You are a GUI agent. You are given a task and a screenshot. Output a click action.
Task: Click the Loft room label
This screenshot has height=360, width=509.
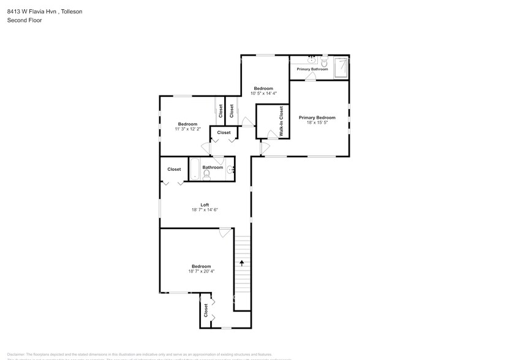click(205, 204)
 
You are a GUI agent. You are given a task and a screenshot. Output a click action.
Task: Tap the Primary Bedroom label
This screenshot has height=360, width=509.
click(317, 118)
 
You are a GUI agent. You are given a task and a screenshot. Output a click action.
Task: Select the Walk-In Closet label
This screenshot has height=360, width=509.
click(281, 121)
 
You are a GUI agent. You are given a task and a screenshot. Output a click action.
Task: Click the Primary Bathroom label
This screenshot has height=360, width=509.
click(312, 69)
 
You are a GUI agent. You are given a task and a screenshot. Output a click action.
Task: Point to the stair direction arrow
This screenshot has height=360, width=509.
click(242, 263)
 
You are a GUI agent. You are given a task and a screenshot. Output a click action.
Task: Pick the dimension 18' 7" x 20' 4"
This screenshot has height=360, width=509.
click(201, 271)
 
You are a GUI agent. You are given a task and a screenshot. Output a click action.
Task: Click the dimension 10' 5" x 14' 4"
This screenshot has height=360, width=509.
click(263, 93)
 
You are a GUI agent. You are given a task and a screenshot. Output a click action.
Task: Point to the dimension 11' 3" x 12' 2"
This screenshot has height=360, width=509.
click(187, 129)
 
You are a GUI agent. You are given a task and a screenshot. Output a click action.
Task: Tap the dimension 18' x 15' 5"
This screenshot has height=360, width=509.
click(317, 122)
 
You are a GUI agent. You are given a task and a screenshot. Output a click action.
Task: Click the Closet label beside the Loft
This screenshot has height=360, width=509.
click(174, 170)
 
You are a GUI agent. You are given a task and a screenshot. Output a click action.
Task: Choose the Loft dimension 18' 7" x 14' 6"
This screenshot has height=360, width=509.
click(205, 210)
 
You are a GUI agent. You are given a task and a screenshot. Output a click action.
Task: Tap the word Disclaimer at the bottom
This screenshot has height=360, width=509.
click(16, 354)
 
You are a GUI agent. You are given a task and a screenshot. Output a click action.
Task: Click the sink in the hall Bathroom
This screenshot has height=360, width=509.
click(230, 169)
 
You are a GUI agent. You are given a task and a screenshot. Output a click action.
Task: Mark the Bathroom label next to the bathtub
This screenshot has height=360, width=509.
click(213, 167)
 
